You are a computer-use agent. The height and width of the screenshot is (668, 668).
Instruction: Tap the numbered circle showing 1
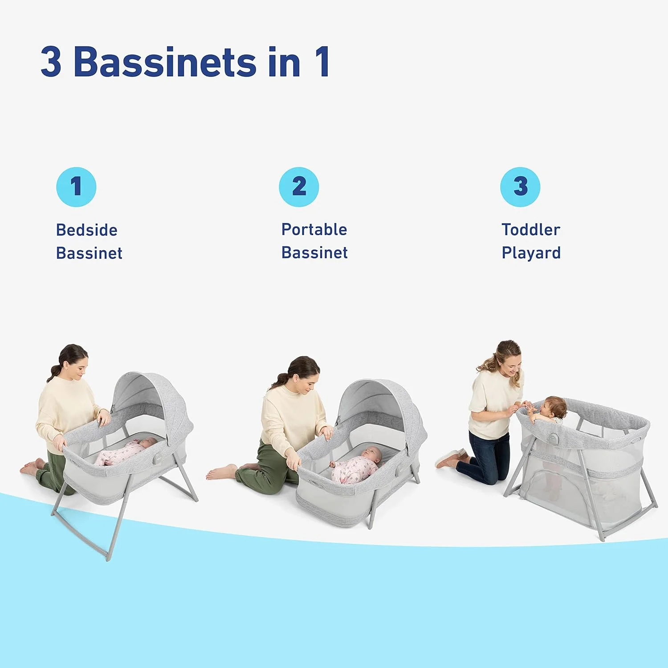tap(76, 187)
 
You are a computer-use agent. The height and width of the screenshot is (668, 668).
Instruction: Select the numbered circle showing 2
tap(299, 187)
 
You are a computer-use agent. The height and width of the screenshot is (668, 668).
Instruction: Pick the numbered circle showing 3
tap(520, 187)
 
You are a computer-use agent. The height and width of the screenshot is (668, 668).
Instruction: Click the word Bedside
tap(87, 230)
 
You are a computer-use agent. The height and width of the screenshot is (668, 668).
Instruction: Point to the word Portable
tap(314, 230)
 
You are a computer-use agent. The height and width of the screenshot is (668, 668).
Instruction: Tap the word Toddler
tap(531, 230)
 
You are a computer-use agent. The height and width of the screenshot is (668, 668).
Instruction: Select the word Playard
tap(531, 253)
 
